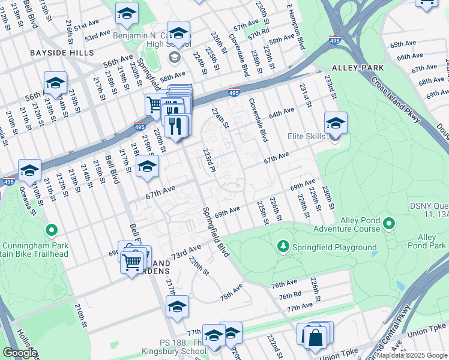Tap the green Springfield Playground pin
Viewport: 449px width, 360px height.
click(x=283, y=247)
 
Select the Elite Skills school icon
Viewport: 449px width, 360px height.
click(x=336, y=123)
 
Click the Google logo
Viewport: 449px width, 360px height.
click(x=20, y=353)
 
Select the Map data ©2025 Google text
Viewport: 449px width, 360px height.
click(x=411, y=355)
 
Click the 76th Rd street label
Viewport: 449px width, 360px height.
click(x=290, y=295)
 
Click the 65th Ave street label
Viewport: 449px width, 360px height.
click(x=403, y=45)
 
